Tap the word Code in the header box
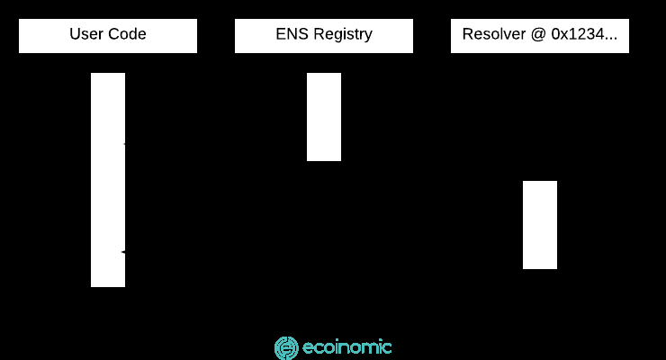(127, 34)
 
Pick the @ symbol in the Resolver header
(538, 35)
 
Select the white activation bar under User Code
(108, 180)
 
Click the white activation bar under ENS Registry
(324, 117)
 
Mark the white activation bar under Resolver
(540, 225)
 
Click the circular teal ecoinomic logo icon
(286, 348)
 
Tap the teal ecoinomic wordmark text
(347, 347)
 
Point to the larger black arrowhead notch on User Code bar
(123, 252)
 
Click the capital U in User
(75, 34)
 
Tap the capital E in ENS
(281, 34)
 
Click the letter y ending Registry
(368, 37)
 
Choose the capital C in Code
(113, 34)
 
